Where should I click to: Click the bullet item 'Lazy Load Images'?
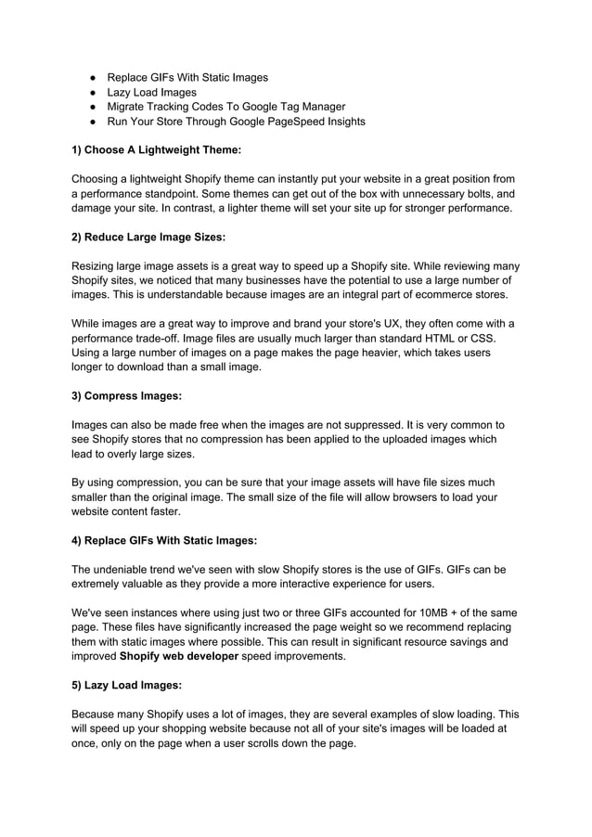151,92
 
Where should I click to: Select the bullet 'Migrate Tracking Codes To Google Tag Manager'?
226,107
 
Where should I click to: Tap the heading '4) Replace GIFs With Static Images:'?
164,540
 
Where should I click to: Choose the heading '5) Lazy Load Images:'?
126,685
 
